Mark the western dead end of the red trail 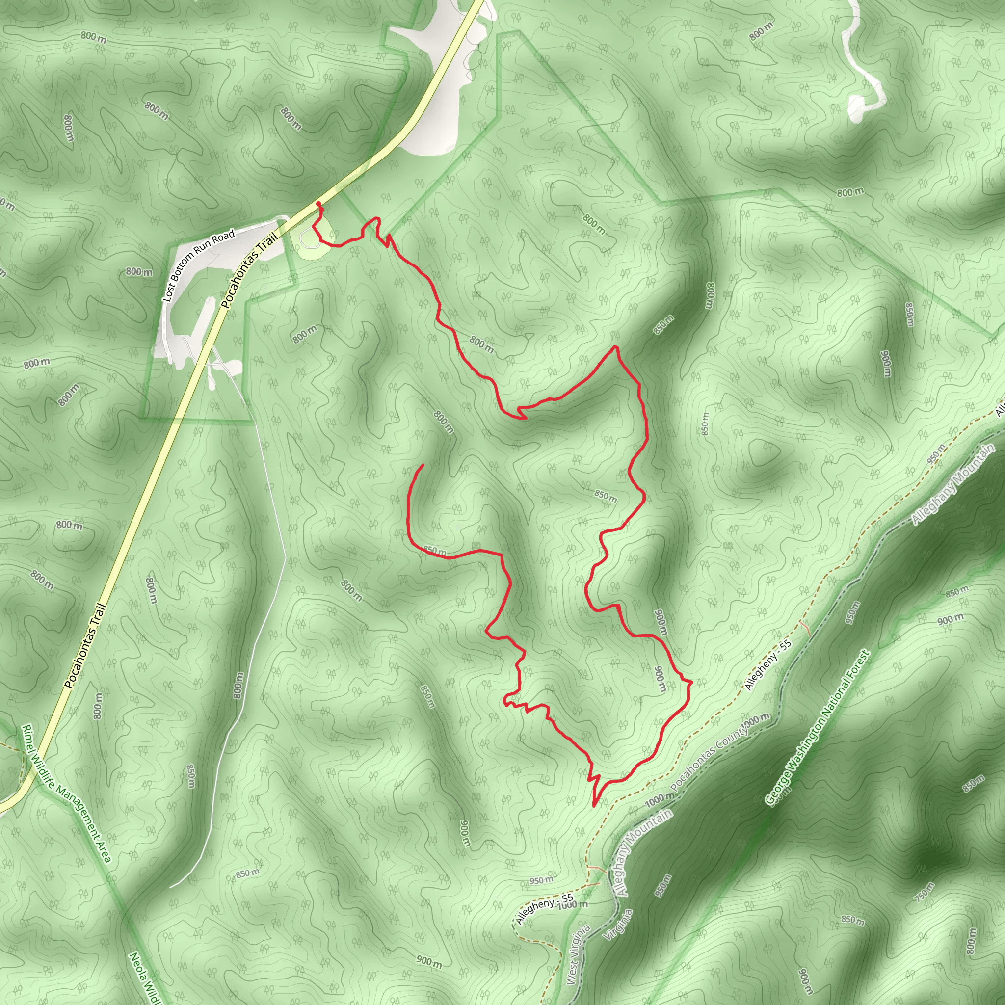[423, 465]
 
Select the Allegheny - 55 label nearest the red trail [768, 665]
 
